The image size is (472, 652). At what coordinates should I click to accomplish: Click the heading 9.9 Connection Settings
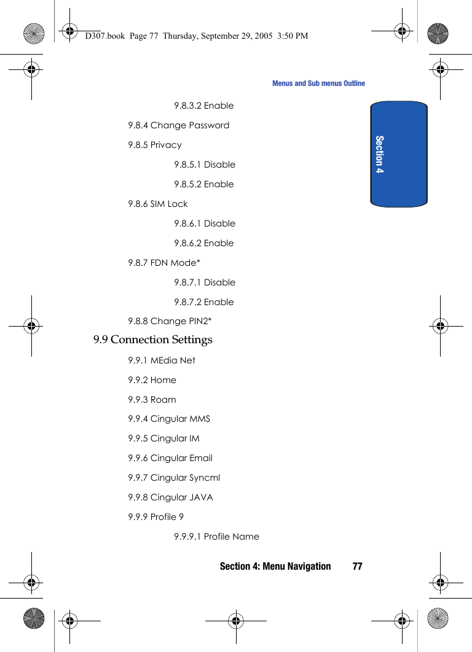153,340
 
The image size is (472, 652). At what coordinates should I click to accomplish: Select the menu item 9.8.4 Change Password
178,125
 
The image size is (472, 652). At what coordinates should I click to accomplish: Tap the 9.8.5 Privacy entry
155,145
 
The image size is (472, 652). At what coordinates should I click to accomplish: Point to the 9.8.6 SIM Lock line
158,204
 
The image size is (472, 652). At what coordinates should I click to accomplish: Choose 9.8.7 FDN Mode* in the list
164,263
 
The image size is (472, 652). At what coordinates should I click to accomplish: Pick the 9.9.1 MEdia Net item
162,360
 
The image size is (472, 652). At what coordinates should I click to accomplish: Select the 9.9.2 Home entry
152,380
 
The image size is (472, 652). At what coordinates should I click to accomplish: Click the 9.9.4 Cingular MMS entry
169,419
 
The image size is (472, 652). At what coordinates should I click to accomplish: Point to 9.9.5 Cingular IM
163,438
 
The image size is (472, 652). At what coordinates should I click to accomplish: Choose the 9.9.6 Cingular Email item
170,458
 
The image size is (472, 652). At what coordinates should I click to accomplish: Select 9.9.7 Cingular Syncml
174,478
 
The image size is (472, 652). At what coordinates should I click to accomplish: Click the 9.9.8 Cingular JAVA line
170,497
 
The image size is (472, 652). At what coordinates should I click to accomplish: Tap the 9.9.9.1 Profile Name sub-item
216,537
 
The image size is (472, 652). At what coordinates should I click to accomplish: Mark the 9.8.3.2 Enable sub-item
203,106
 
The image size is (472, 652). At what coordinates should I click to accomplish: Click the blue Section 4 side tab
399,153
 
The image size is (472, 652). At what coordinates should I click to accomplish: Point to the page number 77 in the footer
357,566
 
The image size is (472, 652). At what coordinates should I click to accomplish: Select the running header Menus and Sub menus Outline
318,83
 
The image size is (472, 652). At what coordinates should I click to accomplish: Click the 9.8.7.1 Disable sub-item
205,282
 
